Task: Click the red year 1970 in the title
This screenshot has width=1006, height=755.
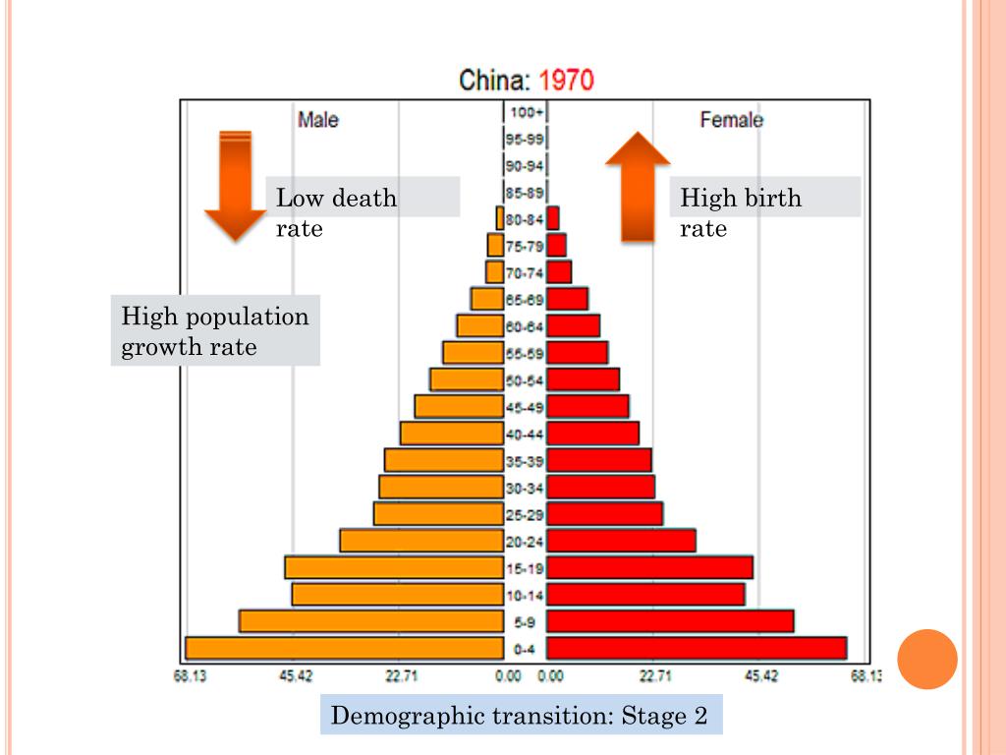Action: (567, 80)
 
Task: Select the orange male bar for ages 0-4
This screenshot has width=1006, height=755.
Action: (344, 649)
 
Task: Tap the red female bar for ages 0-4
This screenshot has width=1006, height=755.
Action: (696, 648)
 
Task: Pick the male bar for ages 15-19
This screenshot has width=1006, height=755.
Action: (394, 567)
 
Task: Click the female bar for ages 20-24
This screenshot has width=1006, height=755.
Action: (621, 541)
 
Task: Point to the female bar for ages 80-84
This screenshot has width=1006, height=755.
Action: (553, 218)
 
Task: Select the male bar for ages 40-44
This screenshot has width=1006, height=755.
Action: (452, 433)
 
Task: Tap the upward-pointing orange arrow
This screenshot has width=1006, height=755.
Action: (638, 187)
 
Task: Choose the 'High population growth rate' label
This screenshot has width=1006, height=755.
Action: (215, 331)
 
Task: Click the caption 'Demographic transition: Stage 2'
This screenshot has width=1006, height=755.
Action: (520, 716)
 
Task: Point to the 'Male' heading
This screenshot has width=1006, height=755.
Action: (318, 120)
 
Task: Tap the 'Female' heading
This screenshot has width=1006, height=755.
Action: (731, 120)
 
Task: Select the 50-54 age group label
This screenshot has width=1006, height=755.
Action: (525, 379)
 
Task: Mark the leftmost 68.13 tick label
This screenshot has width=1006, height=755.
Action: (190, 675)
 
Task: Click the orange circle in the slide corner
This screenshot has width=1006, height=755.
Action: (927, 659)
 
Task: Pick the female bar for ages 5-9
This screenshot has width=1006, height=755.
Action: (670, 621)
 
